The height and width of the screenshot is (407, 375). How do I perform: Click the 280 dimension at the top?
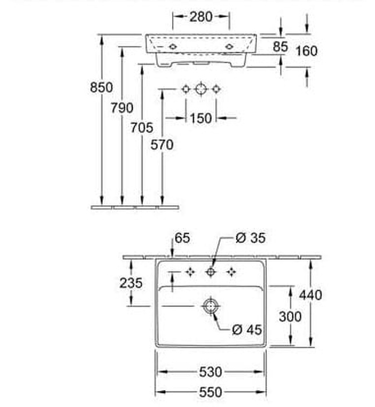(x=201, y=17)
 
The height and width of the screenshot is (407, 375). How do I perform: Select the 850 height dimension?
(x=102, y=88)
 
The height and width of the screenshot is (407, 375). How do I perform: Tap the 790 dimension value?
(x=122, y=108)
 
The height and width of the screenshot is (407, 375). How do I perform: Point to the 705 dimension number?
(x=142, y=127)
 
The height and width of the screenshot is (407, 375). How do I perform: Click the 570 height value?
(x=162, y=145)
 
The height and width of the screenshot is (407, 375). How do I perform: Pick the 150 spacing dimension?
(x=201, y=119)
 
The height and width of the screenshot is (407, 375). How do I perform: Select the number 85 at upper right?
(x=281, y=46)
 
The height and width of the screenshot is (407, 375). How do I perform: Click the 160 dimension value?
(x=306, y=51)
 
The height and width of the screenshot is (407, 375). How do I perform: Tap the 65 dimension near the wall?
(x=181, y=238)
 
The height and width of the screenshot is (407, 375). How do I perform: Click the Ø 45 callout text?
(x=247, y=330)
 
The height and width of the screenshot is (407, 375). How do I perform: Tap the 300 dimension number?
(x=290, y=316)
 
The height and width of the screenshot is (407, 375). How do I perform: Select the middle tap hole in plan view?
(x=211, y=272)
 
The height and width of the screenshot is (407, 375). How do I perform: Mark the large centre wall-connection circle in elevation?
(x=201, y=89)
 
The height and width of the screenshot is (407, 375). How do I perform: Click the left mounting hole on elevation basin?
(x=173, y=45)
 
